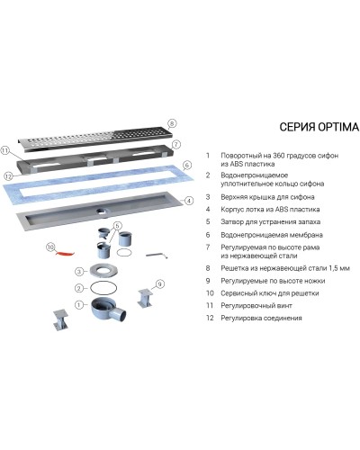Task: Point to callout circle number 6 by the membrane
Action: (x=186, y=166)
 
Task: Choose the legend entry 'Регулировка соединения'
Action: (x=265, y=319)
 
